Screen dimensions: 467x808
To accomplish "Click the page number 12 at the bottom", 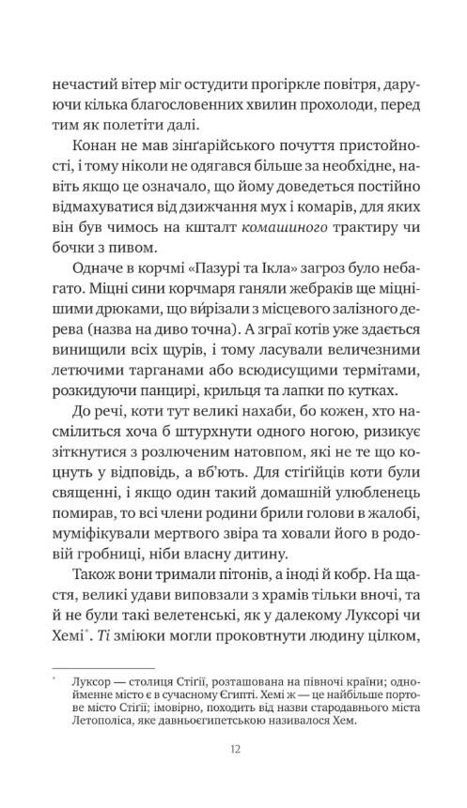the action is (234, 748).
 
